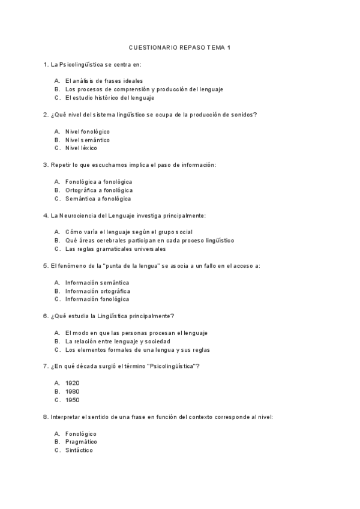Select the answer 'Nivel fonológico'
[x=88, y=131]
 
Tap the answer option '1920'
[x=73, y=383]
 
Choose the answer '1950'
[x=73, y=400]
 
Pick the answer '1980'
[x=73, y=391]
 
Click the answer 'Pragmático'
[x=82, y=442]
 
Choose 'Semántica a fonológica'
[x=98, y=198]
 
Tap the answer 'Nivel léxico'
[x=81, y=148]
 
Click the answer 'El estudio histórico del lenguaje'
[x=110, y=97]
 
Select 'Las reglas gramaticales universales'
[x=116, y=248]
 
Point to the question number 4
[x=46, y=215]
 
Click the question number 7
[x=46, y=366]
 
